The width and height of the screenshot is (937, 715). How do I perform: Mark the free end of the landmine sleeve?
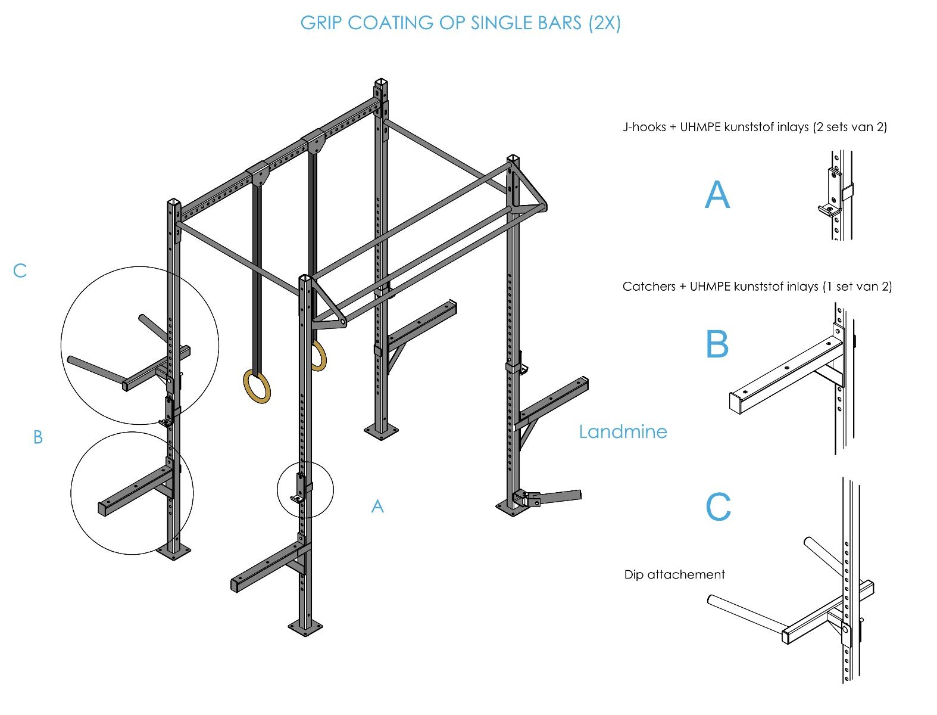[x=580, y=494]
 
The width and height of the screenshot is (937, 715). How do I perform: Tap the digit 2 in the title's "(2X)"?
[x=600, y=23]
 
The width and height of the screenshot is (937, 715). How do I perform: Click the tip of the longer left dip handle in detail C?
[x=711, y=599]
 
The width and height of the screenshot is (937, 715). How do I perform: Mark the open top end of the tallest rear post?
[x=381, y=82]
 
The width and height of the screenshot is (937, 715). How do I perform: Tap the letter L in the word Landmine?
[x=583, y=431]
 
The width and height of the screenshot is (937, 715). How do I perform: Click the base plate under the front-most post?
[x=305, y=627]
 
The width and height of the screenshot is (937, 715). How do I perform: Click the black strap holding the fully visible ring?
[x=257, y=277]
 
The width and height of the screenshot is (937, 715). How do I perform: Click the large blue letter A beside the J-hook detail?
[x=717, y=195]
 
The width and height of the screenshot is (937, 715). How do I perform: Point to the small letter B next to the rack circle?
[x=38, y=437]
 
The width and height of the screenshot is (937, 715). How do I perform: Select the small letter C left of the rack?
[x=20, y=271]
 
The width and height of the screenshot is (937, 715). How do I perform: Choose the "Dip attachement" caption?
[x=674, y=574]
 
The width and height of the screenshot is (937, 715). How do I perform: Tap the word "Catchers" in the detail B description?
[x=649, y=286]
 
